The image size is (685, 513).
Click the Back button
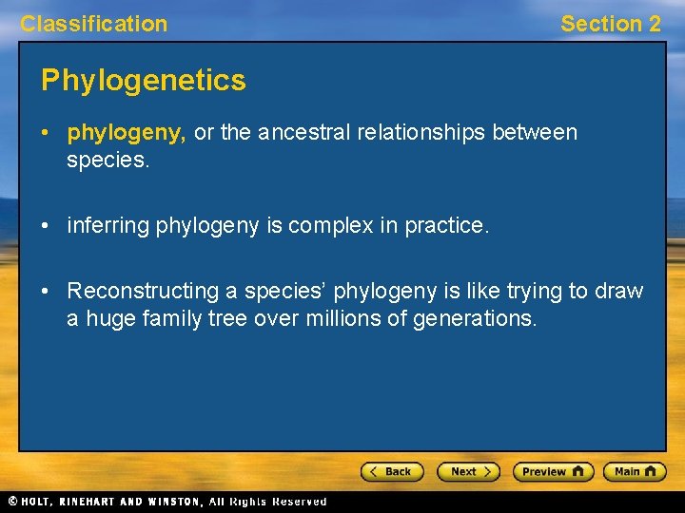[x=391, y=471]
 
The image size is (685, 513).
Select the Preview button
[x=553, y=471]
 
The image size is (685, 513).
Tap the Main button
[x=636, y=471]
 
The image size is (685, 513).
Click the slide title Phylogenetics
[x=143, y=81]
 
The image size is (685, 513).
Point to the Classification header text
[x=93, y=24]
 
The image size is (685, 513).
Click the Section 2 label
[x=610, y=24]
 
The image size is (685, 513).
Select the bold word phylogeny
[x=126, y=133]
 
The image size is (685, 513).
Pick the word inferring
[x=107, y=226]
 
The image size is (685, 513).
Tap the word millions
[x=342, y=319]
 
